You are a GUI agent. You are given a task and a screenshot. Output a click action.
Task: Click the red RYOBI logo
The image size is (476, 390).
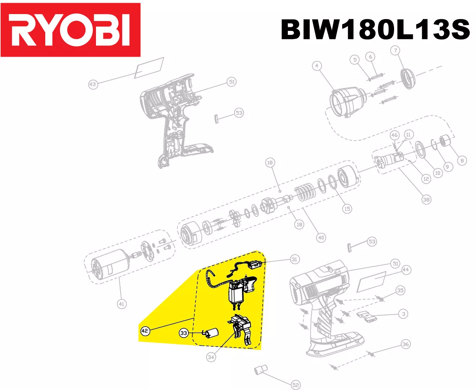click(70, 30)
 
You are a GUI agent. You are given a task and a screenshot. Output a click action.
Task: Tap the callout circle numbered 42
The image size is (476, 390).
click(145, 331)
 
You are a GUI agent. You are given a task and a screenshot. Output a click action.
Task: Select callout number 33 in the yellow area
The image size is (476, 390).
click(184, 333)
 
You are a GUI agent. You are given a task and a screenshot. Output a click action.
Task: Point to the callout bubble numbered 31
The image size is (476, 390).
click(295, 259)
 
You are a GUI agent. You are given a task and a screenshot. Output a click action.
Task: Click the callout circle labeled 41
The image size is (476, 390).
click(122, 304)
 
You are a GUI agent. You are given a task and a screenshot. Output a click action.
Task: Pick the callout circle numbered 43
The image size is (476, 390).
click(93, 84)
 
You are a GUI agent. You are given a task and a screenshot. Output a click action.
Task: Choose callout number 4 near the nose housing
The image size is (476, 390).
click(317, 66)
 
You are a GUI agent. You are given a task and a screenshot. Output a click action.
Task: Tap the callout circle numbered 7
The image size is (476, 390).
click(395, 50)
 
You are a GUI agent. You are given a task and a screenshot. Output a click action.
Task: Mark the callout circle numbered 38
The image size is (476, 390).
click(426, 200)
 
